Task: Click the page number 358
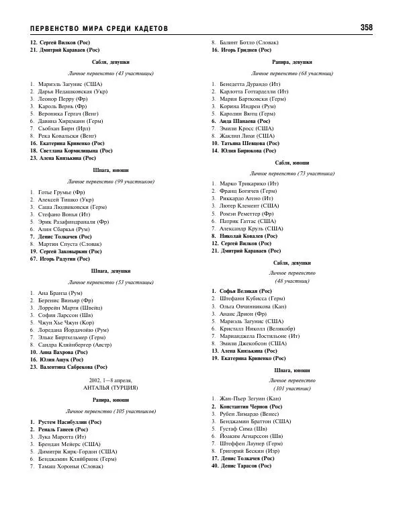[366, 28]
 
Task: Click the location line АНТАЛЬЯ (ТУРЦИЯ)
[101, 387]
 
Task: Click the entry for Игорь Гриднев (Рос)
[245, 50]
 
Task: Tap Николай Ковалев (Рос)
[249, 236]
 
